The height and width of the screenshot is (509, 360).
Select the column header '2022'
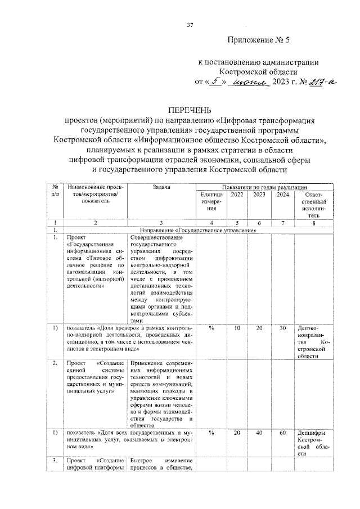[237, 195]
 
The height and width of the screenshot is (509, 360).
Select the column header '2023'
[260, 195]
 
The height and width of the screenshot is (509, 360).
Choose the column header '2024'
[282, 195]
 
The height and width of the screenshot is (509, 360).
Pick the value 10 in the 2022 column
[237, 328]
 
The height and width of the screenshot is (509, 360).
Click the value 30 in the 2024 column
[282, 328]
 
